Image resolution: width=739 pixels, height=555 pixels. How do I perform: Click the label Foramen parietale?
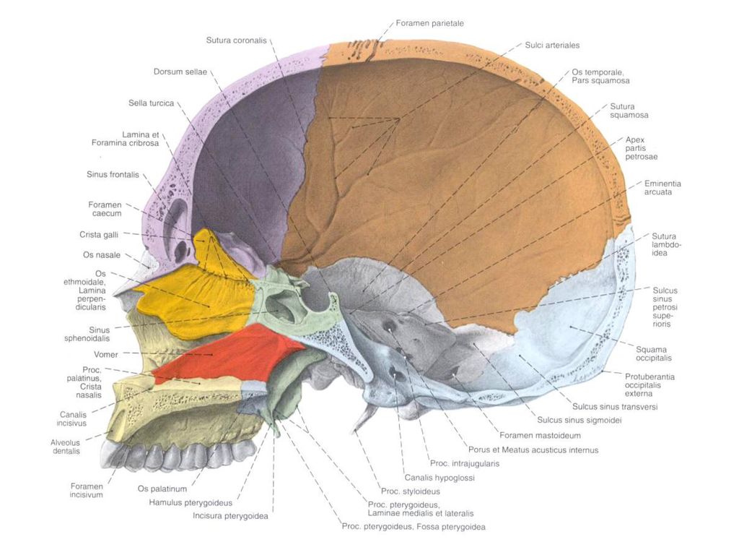click(429, 23)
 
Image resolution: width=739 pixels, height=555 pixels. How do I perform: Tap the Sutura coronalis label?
click(236, 40)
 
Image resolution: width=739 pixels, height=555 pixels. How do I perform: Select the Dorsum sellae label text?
click(180, 72)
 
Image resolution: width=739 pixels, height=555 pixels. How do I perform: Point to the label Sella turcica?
click(152, 103)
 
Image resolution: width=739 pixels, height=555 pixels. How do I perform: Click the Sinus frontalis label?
click(113, 175)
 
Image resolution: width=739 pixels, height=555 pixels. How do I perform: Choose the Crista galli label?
click(99, 235)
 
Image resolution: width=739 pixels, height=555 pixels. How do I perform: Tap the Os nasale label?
click(102, 255)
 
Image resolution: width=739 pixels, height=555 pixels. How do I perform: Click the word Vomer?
click(106, 354)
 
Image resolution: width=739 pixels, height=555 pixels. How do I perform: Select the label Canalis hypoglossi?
click(440, 478)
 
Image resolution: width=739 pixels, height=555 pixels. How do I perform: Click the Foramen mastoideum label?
click(540, 436)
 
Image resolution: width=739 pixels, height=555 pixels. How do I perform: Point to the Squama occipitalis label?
click(654, 354)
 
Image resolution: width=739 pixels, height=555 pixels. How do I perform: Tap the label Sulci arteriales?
click(552, 46)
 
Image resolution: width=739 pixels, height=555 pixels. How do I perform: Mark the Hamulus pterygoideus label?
click(191, 503)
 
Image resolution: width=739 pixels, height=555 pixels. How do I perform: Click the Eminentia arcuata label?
click(663, 188)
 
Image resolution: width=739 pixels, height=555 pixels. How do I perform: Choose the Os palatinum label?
click(162, 489)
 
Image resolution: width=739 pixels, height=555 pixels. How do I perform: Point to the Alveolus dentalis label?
click(66, 447)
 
